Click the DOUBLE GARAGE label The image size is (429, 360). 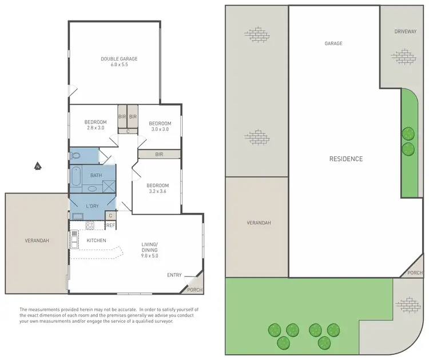click(x=119, y=59)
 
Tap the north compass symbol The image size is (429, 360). click(x=37, y=167)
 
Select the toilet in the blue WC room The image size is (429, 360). click(x=75, y=155)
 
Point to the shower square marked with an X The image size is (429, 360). click(x=108, y=185)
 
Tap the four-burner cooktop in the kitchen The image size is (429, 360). click(x=90, y=225)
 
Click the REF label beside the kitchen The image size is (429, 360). click(x=110, y=226)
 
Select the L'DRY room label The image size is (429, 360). click(x=93, y=205)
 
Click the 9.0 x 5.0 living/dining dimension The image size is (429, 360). click(x=149, y=255)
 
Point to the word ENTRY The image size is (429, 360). click(x=174, y=275)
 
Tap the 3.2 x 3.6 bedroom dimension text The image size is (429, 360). click(x=157, y=192)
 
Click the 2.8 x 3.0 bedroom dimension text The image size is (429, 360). click(x=96, y=128)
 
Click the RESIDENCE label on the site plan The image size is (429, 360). click(x=345, y=159)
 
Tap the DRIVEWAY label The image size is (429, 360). click(x=405, y=32)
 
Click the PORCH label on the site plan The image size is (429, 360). click(x=415, y=274)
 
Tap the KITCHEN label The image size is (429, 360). click(x=96, y=240)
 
